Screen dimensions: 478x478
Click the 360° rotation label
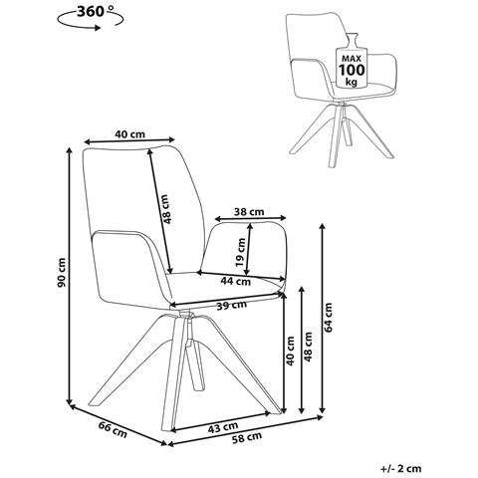pos(91,12)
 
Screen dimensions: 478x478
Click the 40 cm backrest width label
pos(129,134)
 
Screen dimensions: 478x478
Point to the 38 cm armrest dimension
pos(249,211)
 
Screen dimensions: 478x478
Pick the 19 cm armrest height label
pos(240,253)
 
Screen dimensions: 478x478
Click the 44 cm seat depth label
pos(236,282)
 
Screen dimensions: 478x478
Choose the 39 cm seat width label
pos(232,305)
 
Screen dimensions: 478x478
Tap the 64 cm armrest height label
pos(328,318)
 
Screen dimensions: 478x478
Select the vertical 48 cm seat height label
pos(308,347)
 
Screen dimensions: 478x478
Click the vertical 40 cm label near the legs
pos(290,352)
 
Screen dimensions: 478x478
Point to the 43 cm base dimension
pos(223,427)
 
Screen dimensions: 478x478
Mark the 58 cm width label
pos(247,438)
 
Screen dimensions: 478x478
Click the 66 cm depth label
pos(113,429)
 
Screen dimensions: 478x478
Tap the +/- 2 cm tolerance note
pos(400,468)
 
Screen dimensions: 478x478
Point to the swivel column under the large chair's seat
pos(188,329)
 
